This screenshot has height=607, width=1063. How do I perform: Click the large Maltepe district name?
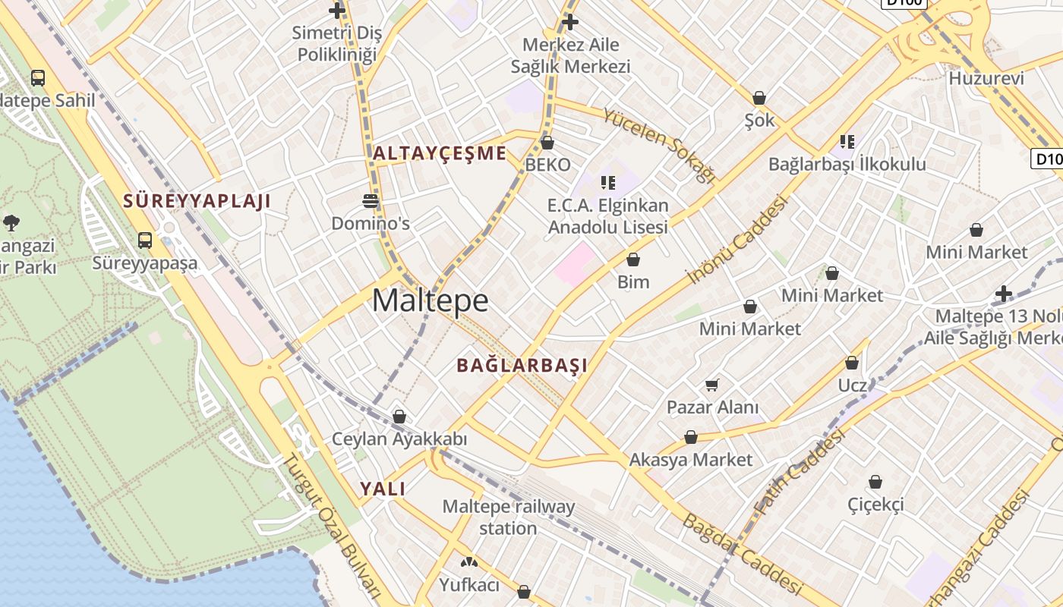pos(431,301)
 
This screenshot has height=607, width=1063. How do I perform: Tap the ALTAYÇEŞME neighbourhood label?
pos(440,153)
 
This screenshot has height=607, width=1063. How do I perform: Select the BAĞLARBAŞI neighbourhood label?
pos(522,365)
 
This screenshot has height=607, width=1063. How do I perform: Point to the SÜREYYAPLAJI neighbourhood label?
pos(197,201)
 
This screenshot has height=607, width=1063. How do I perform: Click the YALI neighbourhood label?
pos(383,489)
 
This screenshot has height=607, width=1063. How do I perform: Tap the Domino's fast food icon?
pos(371,201)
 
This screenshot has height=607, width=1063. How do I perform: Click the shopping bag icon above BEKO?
pos(547,143)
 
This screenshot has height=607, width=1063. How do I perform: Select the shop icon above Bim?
pos(633,260)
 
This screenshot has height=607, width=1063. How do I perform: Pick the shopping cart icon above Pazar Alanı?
pos(711,385)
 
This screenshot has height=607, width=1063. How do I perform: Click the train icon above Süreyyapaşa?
pos(145,241)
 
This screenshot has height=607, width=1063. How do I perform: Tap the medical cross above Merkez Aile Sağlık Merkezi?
pos(570,22)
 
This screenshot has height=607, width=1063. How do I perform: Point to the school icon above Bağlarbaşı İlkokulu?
pos(847,141)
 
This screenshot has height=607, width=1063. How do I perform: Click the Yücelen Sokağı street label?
pos(659,145)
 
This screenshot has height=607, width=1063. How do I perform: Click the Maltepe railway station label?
pos(508,517)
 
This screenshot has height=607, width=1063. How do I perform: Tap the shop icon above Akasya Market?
pos(690,438)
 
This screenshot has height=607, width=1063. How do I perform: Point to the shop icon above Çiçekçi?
pos(875,482)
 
